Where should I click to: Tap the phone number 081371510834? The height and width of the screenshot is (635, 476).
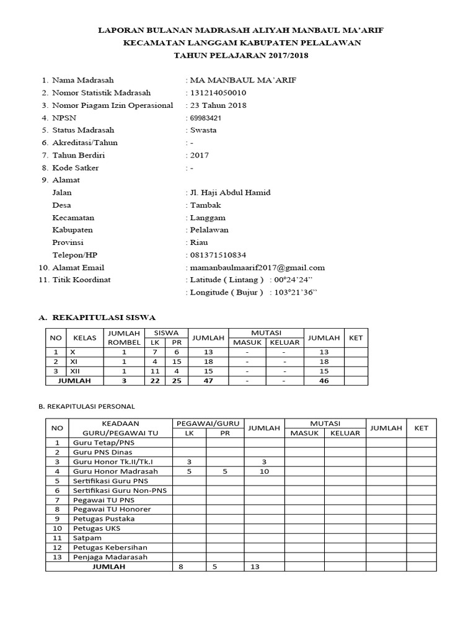[x=218, y=255]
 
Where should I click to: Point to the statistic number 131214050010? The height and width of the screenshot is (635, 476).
[x=221, y=93]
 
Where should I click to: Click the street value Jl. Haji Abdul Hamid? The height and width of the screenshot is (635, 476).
[x=230, y=193]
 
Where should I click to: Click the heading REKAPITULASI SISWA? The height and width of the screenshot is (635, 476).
[x=104, y=317]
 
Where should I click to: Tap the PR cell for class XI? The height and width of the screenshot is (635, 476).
[x=177, y=362]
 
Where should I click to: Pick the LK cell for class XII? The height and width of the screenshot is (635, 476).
[x=155, y=371]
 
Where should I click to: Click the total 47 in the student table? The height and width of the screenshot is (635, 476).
[x=208, y=381]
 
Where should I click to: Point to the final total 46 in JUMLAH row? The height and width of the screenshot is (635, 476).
[x=324, y=381]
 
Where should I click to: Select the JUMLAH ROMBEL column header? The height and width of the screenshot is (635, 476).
[x=125, y=338]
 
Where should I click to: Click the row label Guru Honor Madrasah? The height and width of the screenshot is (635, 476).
[x=115, y=471]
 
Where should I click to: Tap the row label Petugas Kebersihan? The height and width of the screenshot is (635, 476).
[x=112, y=548]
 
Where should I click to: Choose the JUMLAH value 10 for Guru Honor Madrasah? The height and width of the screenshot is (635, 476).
[x=263, y=471]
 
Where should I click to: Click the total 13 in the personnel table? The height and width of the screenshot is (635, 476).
[x=254, y=567]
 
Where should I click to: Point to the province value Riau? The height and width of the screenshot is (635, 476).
[x=199, y=242]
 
